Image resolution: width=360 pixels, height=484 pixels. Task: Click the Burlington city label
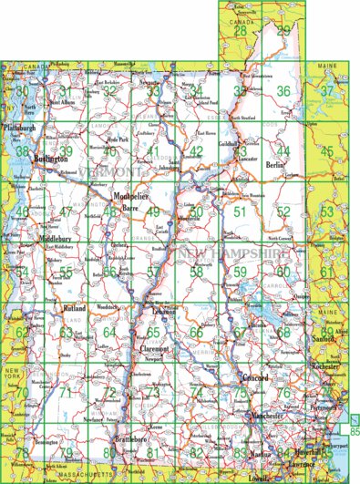[51, 158]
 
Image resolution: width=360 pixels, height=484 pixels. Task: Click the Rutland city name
[75, 310]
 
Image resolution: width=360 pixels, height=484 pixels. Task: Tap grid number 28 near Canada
[240, 31]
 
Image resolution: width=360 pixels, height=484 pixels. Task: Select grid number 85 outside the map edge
[354, 429]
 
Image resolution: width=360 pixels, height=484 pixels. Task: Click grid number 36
[283, 91]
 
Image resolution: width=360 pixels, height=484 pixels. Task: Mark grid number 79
[66, 453]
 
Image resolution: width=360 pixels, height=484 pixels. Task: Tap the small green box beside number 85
[355, 418]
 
